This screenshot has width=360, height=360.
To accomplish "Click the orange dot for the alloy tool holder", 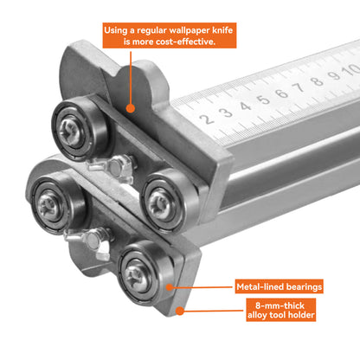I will point(177,309).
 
